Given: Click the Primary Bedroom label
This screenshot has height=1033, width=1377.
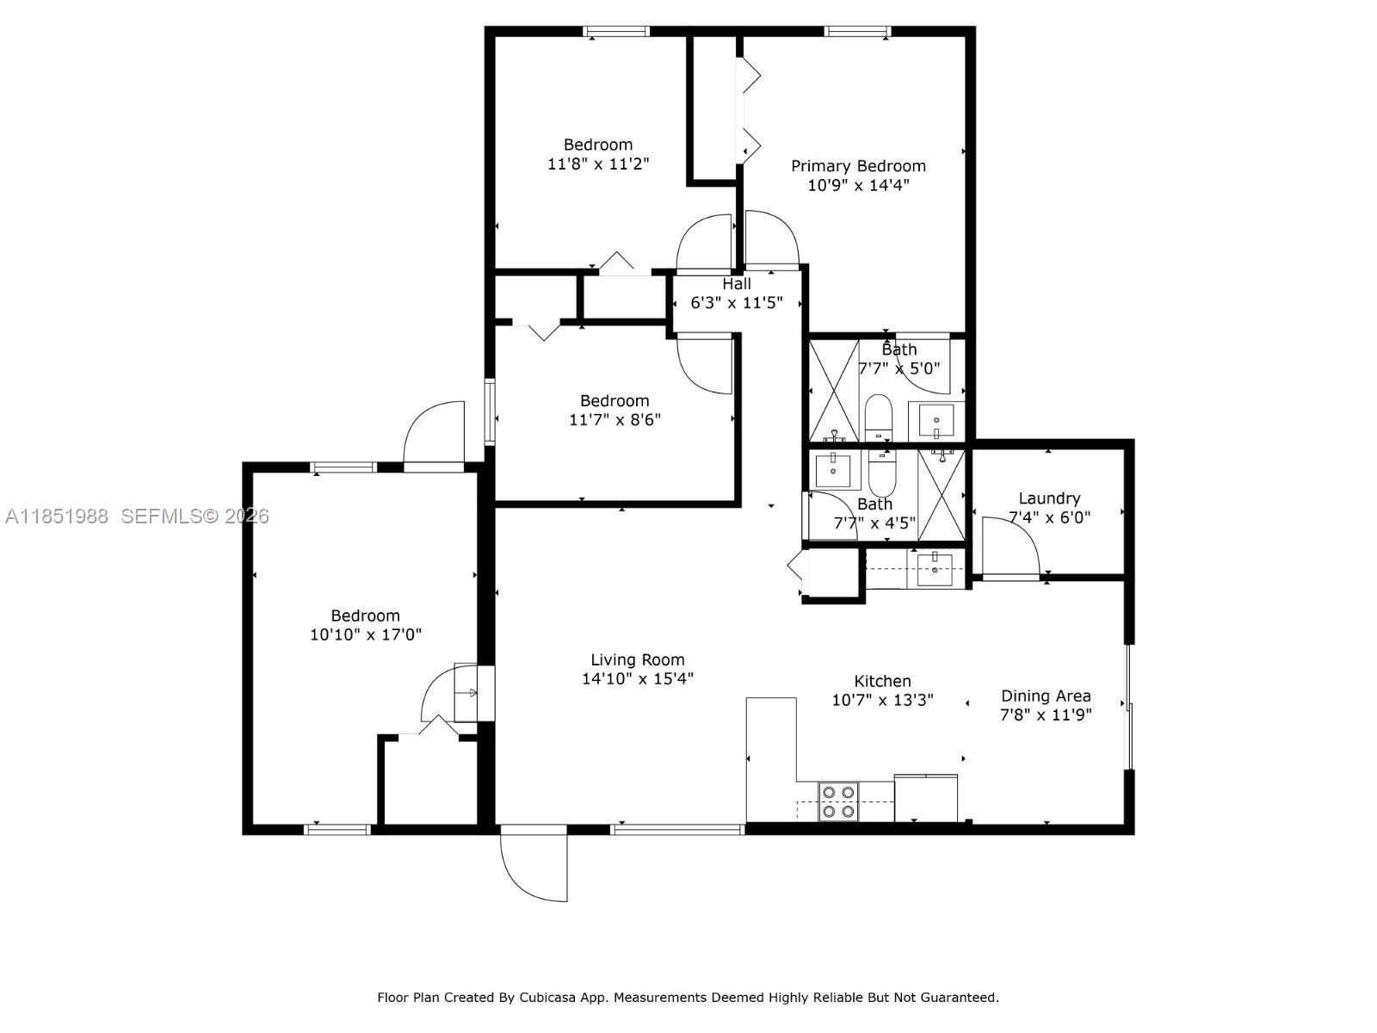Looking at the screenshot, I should pos(858,166).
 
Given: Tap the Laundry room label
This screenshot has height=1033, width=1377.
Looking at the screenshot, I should pos(1049,498).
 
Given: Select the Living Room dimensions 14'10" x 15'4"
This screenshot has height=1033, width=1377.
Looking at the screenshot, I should pos(638,678).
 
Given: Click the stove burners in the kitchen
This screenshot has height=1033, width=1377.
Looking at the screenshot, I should pos(837,801).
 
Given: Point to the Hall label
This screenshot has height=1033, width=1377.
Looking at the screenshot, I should pos(737,284).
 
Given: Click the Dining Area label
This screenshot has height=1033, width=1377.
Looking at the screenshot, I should pos(1046,696).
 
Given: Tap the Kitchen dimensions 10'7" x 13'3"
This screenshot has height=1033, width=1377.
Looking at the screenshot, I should pos(882,700).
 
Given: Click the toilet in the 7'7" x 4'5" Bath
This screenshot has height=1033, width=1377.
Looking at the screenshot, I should pos(882,470).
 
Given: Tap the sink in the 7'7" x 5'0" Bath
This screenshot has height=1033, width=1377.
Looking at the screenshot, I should pos(935,421).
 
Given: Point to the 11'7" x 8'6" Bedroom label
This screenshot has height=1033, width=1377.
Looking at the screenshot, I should pos(614,401).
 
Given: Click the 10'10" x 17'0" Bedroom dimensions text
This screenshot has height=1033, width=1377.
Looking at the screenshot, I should pos(366,635).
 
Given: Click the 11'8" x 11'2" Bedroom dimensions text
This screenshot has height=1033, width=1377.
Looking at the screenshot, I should pos(598,164).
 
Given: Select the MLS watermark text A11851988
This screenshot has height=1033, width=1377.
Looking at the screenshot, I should pos(57,516).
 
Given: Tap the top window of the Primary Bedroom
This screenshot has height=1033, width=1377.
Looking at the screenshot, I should pos(857,32).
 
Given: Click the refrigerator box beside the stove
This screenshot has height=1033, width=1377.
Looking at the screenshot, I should pos(926,798).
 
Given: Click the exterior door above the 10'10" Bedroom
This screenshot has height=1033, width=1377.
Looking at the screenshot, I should pos(435,436).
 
